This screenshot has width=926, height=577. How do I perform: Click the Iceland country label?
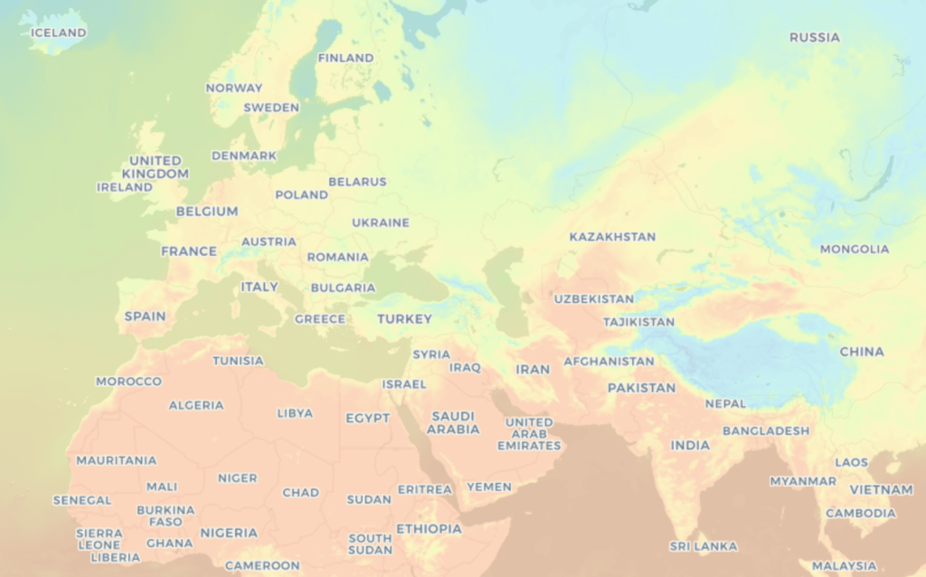click(58, 33)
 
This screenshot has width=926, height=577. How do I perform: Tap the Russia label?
click(814, 37)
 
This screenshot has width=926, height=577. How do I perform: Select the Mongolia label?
click(854, 249)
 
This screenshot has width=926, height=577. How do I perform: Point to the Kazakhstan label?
click(612, 237)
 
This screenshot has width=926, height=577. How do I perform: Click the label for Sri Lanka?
click(703, 546)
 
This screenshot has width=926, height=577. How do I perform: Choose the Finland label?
click(345, 58)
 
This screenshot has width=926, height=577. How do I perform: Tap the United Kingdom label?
click(155, 166)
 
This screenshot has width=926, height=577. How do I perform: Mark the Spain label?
click(145, 317)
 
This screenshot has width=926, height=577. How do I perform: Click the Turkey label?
click(404, 318)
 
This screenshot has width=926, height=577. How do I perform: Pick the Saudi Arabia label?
click(453, 422)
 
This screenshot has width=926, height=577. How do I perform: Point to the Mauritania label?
click(116, 460)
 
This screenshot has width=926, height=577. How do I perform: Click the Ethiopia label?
click(429, 528)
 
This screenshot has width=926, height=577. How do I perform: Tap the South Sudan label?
click(370, 544)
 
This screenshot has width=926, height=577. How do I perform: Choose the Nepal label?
click(725, 403)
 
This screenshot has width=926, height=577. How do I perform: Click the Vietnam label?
click(881, 489)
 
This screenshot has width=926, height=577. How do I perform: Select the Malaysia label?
click(844, 566)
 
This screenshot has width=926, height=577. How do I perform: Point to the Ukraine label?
click(380, 222)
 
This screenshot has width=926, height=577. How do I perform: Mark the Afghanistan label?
click(609, 361)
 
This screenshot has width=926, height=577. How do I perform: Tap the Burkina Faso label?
click(165, 516)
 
